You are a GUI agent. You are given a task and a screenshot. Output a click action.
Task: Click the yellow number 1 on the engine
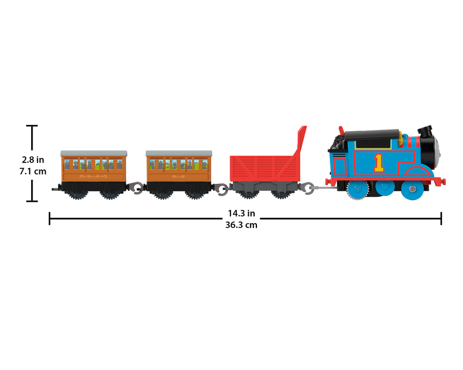[x=379, y=162]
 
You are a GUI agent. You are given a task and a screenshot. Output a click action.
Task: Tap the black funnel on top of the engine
[x=427, y=131]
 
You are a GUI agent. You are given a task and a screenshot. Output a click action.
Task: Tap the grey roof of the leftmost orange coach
[x=93, y=152]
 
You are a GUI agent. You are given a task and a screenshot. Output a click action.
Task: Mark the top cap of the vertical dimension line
[x=32, y=125]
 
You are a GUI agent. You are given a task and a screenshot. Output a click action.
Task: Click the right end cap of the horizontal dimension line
[x=442, y=219]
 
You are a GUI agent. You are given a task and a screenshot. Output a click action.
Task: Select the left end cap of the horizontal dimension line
[x=50, y=219]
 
